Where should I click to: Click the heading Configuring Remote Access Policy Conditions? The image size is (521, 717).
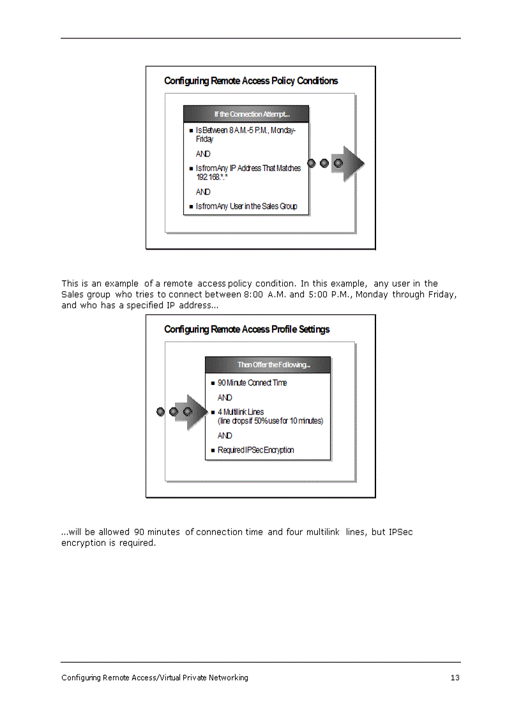[x=251, y=80]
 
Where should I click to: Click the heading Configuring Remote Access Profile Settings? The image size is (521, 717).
[x=246, y=329]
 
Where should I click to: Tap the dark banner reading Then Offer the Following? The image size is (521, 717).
[x=273, y=365]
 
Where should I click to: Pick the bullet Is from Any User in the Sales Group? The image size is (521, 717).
[x=246, y=206]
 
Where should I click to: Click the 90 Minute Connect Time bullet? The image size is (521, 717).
[x=252, y=382]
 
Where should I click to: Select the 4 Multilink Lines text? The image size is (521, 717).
[x=241, y=412]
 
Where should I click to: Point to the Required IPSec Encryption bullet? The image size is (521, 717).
[x=255, y=449]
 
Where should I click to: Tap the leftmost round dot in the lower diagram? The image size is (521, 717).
[x=161, y=412]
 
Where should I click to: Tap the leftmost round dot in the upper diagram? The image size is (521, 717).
[x=312, y=163]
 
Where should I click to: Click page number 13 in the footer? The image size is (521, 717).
[x=455, y=677]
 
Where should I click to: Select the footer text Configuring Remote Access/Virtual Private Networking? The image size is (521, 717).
[x=155, y=677]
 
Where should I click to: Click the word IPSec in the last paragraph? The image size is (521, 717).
[x=400, y=532]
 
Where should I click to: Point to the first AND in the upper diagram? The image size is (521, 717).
[x=203, y=154]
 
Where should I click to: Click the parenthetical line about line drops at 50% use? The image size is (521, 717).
[x=270, y=421]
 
